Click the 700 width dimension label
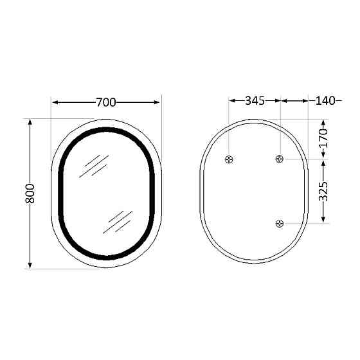105,102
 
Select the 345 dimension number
255,101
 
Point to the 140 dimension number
325,101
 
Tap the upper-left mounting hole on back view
230,159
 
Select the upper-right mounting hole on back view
280,159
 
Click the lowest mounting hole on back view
280,223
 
